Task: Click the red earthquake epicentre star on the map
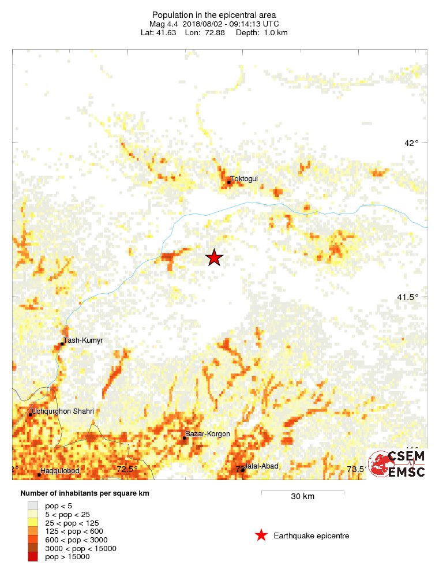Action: coord(214,257)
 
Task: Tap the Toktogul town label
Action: coord(244,179)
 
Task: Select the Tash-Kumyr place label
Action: coord(83,340)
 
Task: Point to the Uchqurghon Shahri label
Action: coord(63,411)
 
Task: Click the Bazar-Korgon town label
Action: coord(207,434)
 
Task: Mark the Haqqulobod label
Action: coord(60,471)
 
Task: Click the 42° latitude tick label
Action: coord(411,143)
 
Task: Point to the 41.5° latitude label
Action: coord(407,297)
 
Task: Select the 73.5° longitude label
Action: coord(356,469)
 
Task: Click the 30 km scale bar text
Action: coord(302,497)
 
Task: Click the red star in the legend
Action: coord(261,535)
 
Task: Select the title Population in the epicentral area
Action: coord(214,14)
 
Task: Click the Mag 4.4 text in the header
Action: coord(163,24)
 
